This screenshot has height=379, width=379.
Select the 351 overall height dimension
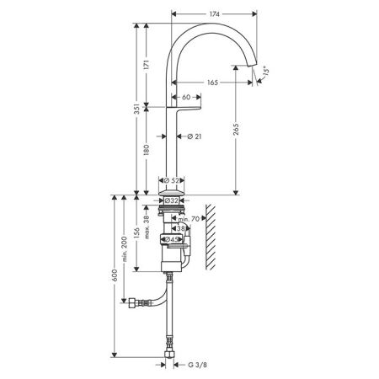tap(135, 109)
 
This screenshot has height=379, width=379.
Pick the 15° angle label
tap(268, 75)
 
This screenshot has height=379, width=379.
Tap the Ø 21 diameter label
tap(191, 136)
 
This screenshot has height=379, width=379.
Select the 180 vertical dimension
tap(146, 149)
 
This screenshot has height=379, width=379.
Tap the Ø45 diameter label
tap(171, 238)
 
